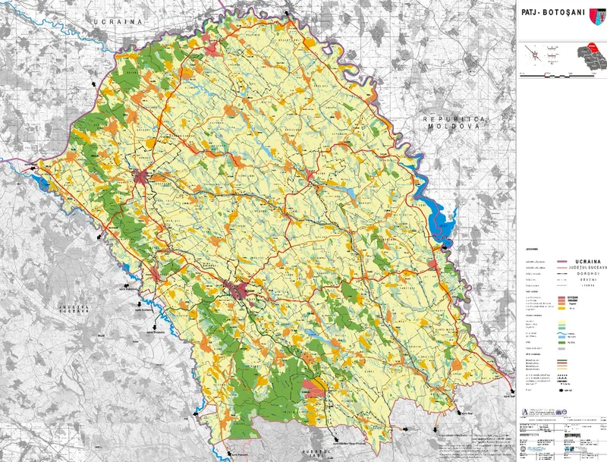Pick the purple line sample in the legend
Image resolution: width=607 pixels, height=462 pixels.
(563, 260)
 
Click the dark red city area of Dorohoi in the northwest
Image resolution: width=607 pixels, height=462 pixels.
(141, 179)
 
